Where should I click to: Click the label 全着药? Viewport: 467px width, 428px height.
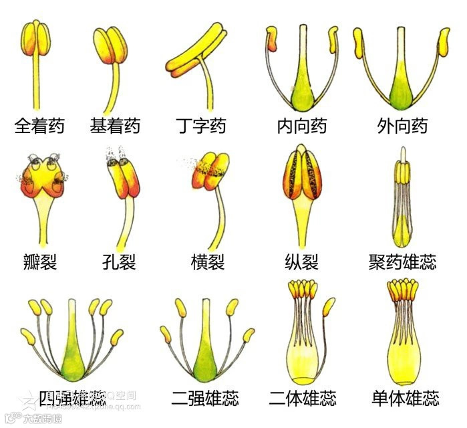click(x=39, y=126)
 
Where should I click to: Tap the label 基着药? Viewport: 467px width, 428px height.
click(x=115, y=126)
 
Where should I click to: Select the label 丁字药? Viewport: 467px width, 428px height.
click(x=200, y=126)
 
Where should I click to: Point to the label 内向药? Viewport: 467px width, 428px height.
click(x=302, y=126)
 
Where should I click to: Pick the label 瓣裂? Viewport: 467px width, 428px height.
click(x=39, y=261)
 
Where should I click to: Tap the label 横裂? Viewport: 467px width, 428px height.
click(x=208, y=261)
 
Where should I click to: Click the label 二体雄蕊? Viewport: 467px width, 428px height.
click(x=302, y=399)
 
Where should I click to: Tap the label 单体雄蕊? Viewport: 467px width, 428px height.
click(x=405, y=399)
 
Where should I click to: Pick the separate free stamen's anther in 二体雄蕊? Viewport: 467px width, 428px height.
click(x=329, y=308)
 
